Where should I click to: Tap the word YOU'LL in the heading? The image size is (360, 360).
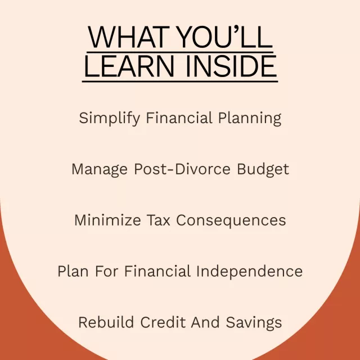225,37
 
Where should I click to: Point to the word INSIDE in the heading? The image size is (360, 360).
231,66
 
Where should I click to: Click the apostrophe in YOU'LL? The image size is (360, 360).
237,29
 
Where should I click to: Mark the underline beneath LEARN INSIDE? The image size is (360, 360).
180,81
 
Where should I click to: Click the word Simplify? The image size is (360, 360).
109,119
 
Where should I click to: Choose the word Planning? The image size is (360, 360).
250,119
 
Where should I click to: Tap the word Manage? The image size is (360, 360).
100,170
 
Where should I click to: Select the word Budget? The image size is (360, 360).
263,170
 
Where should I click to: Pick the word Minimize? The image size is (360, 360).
107,220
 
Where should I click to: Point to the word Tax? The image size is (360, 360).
159,220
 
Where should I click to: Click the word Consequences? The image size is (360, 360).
231,221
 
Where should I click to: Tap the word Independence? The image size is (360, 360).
250,271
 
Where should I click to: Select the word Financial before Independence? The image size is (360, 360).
157,271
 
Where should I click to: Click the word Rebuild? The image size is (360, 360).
106,322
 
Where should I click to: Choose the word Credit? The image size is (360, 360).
163,322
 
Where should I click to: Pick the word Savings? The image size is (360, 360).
254,323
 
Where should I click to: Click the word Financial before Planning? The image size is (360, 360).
179,118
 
